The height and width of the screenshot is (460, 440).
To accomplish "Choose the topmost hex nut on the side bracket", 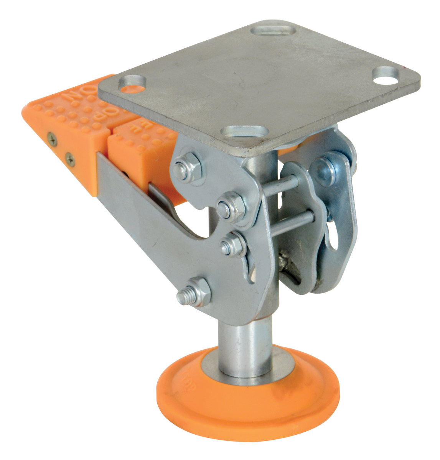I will pyautogui.click(x=185, y=168).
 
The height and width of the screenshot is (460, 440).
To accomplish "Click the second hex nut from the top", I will pyautogui.click(x=231, y=207).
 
